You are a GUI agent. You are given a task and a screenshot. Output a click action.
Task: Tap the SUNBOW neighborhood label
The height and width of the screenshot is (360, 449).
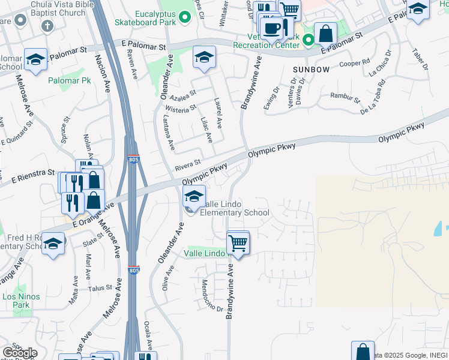click(x=311, y=70)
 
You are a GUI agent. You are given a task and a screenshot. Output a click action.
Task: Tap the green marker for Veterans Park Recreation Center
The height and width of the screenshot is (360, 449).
click(x=309, y=40)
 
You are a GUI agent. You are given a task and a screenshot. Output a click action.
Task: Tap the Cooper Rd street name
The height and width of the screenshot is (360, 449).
click(x=354, y=62)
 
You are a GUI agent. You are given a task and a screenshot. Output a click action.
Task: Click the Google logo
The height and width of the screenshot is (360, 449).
click(x=19, y=353)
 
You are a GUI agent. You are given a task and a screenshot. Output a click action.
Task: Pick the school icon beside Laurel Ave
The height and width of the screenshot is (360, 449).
click(x=204, y=58)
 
